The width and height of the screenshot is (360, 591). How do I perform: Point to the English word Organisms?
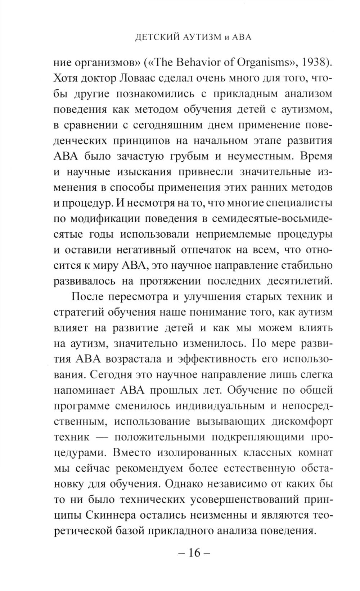(x=265, y=62)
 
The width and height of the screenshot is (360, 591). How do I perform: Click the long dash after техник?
(x=102, y=437)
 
